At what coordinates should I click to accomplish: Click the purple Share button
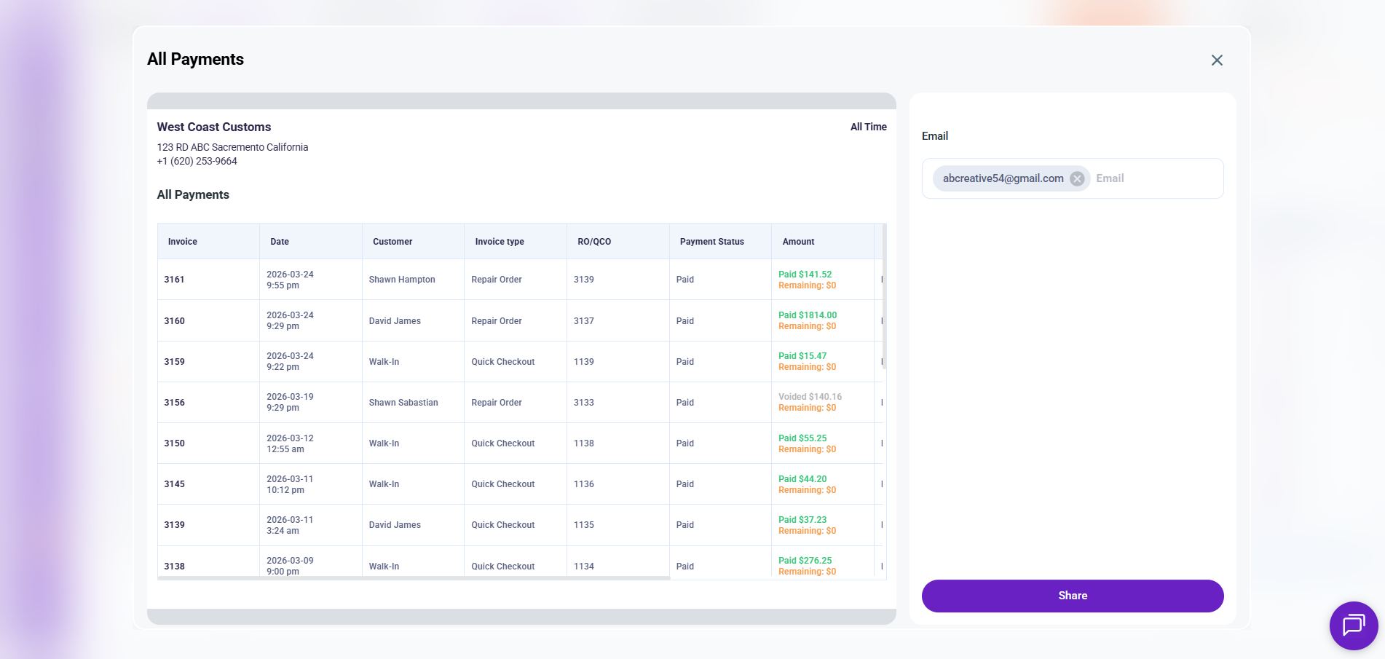[1072, 596]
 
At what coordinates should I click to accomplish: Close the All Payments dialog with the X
[1217, 60]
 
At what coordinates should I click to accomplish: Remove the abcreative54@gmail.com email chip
[1077, 178]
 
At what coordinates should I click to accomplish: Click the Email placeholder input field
[1154, 178]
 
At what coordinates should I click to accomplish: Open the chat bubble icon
[1353, 625]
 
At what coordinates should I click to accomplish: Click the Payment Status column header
[711, 242]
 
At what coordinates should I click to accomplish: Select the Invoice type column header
[500, 242]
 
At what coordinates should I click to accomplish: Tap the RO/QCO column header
[594, 242]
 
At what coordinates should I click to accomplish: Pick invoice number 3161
[174, 280]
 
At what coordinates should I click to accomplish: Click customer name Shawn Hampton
[402, 280]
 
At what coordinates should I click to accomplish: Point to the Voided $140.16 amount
[810, 397]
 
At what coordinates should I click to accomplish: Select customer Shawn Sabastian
[403, 403]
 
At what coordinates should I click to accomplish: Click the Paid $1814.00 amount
[808, 315]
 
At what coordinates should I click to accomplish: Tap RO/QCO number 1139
[584, 362]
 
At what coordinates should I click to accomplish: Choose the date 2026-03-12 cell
[290, 438]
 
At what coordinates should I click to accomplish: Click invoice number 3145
[174, 484]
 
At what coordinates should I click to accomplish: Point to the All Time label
[868, 127]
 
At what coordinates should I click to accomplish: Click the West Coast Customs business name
[214, 127]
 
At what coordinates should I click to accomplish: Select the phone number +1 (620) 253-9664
[197, 162]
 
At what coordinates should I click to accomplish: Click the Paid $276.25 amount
[805, 561]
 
